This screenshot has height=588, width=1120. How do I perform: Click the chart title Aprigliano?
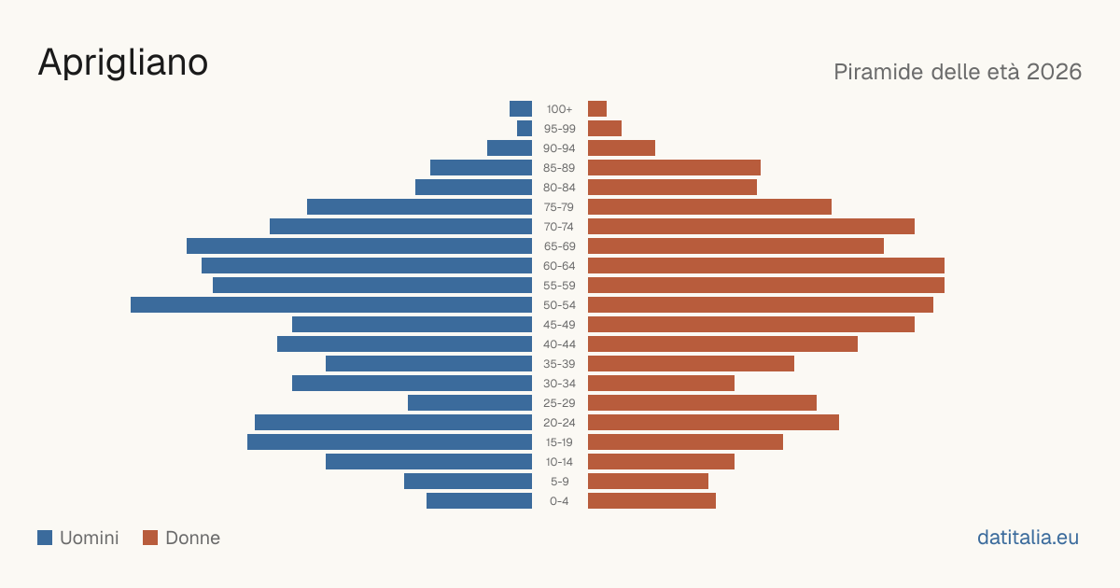[123, 63]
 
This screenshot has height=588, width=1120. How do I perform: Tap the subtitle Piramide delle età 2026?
[958, 72]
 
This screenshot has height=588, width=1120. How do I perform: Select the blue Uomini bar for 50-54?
[331, 305]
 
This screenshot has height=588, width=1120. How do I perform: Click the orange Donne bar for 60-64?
[766, 265]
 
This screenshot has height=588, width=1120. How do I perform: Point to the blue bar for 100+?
[521, 109]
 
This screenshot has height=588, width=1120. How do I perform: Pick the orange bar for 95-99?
[605, 129]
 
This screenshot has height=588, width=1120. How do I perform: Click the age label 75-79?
[559, 207]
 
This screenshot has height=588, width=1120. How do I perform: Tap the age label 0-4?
[559, 501]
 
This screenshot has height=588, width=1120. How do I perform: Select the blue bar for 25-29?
[469, 403]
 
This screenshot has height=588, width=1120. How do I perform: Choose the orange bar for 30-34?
[661, 384]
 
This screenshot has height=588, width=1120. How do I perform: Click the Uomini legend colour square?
[45, 538]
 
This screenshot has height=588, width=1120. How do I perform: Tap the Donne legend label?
[192, 538]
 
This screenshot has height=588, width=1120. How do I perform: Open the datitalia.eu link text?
[1028, 538]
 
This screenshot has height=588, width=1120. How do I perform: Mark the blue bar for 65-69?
[359, 246]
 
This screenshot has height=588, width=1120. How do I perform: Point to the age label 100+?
[559, 109]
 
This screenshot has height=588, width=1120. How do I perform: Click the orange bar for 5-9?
[648, 482]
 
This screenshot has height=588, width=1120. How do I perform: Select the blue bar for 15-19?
[389, 442]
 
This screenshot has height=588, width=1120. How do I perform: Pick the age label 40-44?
[559, 344]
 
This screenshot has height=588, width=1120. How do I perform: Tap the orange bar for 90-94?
[622, 148]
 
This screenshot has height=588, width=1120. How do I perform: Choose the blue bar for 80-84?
[473, 188]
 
